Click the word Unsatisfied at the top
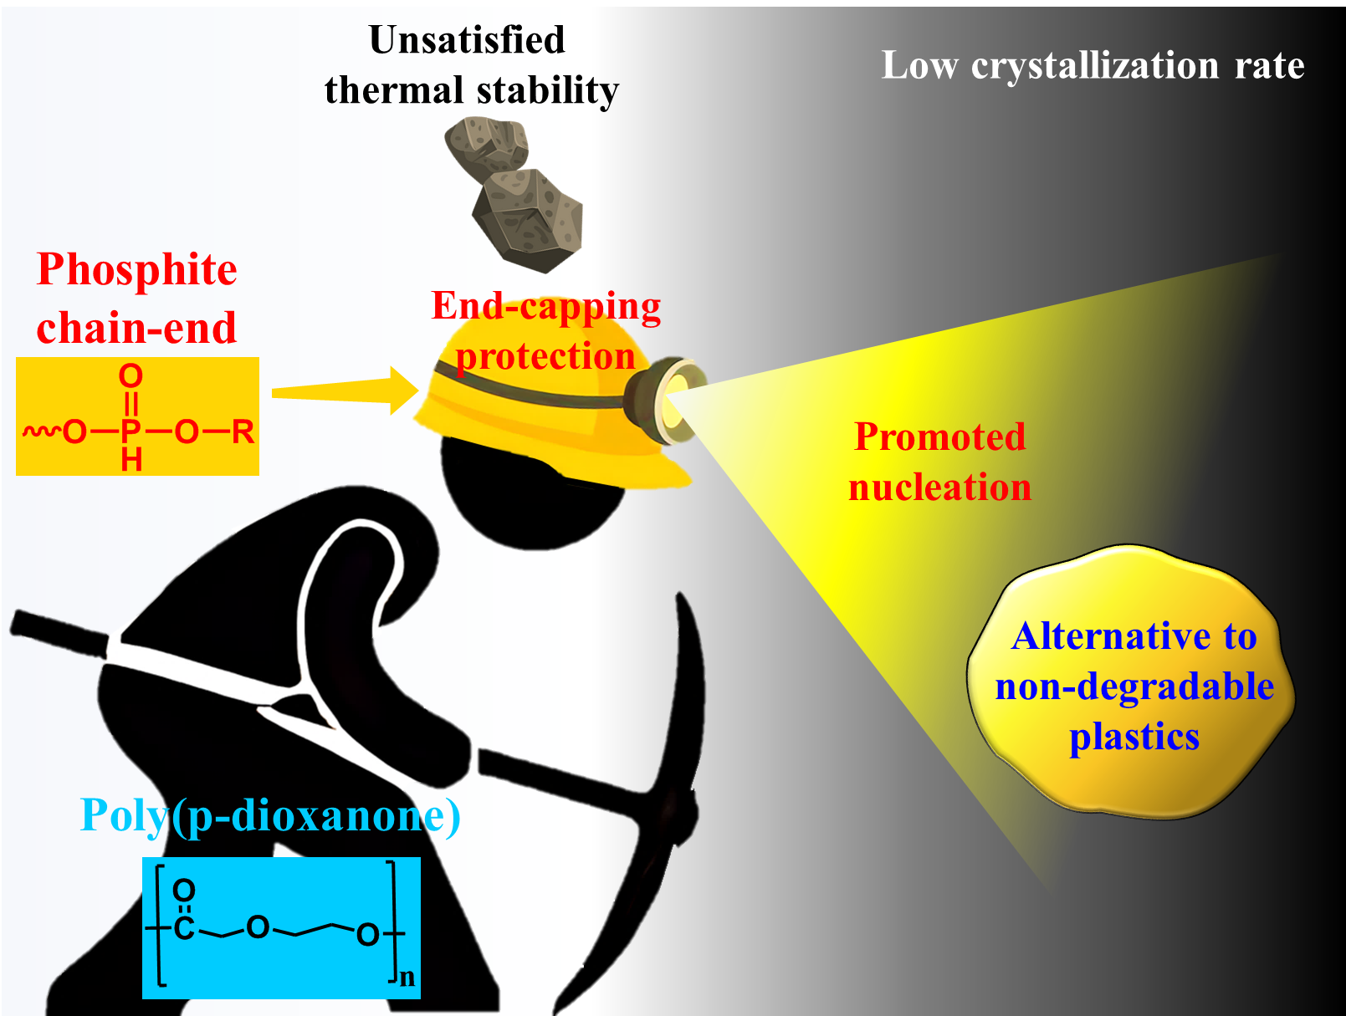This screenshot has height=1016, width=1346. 467,40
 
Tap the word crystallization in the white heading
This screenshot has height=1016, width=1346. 1095,66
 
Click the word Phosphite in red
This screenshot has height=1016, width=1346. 137,270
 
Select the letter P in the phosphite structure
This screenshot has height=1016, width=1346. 131,431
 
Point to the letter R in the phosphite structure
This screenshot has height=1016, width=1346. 243,431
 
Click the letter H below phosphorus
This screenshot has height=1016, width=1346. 131,460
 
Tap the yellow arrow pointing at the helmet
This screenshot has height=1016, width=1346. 343,391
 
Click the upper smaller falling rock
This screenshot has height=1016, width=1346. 487,146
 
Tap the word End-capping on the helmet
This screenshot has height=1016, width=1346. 545,306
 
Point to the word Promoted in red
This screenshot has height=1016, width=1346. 939,437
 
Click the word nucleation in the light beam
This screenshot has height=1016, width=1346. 939,488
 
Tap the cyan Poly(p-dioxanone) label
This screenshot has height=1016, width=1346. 269,815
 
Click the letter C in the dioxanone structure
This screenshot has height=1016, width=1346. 184,927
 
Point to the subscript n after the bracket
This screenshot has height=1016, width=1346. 407,977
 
